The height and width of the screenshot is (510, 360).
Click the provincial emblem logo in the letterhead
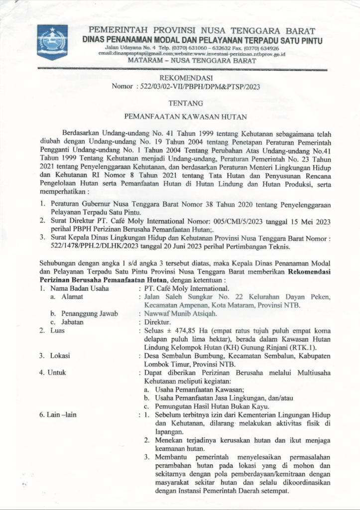point(52,42)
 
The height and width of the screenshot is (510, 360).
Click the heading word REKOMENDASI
point(185,78)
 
